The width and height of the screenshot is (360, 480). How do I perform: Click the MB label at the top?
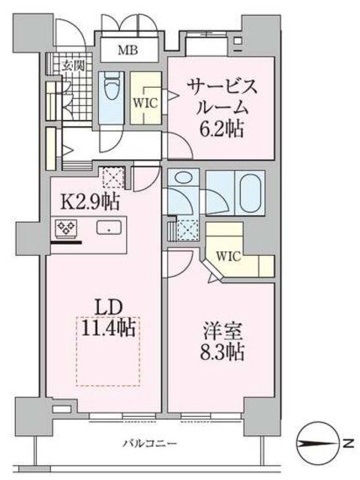[x=125, y=52]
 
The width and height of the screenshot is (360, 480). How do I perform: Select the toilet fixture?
[x=113, y=91]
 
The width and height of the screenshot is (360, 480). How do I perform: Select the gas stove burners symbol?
[x=64, y=226]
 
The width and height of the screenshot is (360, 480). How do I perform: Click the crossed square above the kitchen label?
[x=112, y=178]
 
